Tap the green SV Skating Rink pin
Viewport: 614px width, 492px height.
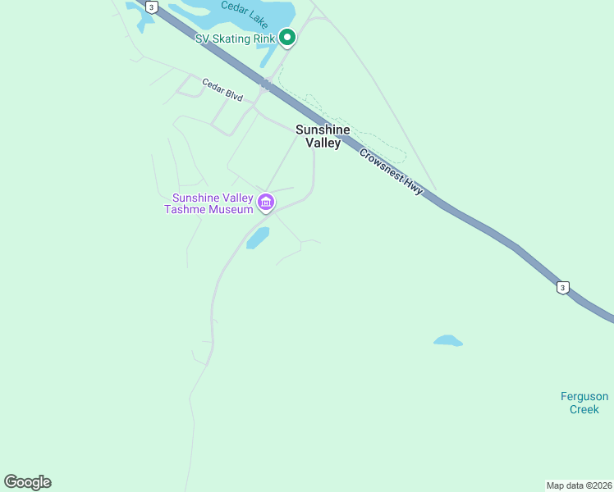287,37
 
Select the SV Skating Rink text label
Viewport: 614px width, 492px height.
235,39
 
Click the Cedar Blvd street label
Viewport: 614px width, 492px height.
222,89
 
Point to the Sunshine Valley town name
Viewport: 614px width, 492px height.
323,136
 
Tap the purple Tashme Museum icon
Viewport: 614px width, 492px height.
265,202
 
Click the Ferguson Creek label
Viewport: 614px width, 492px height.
584,403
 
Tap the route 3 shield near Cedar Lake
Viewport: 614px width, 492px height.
151,7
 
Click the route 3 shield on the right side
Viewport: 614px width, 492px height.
561,287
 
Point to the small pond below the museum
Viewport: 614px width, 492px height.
258,238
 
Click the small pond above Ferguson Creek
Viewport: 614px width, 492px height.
447,340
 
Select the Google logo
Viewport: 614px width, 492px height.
27,482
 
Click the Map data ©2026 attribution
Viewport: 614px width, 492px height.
579,485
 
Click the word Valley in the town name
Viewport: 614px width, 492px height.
323,143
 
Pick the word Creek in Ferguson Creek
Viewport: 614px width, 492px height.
584,409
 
